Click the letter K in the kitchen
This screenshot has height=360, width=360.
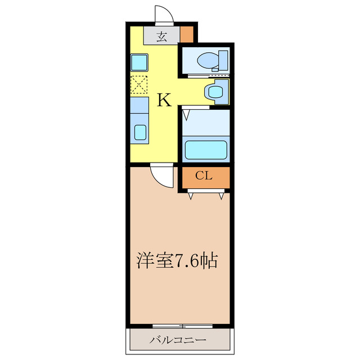164,100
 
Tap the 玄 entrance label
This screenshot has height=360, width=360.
161,37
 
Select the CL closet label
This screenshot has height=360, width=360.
204,175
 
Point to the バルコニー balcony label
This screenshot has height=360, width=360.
178,340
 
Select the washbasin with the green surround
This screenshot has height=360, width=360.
214,92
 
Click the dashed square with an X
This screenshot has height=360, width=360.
139,85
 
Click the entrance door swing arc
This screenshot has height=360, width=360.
163,14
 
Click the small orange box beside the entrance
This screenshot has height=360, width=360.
187,34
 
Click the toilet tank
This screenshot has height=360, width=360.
223,58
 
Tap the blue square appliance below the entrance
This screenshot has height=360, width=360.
139,61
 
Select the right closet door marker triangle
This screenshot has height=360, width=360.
222,196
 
